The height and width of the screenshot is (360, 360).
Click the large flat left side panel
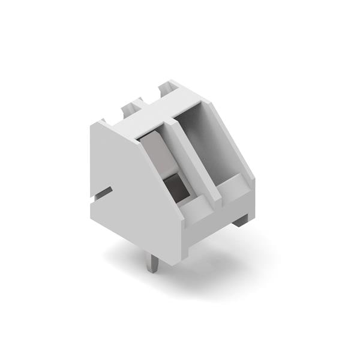126,186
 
